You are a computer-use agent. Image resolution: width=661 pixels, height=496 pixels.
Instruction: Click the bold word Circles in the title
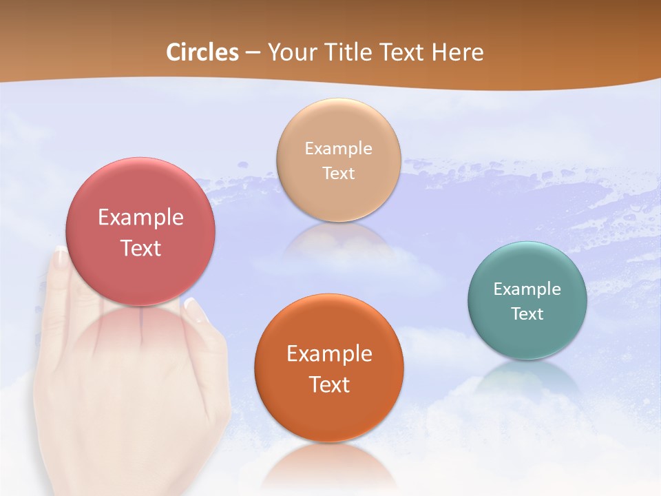click(202, 52)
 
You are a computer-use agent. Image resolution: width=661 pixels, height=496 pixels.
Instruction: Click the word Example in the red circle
click(140, 218)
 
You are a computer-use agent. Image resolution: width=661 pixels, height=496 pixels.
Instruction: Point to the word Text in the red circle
click(140, 248)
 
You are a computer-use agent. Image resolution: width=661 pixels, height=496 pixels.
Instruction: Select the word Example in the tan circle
click(339, 149)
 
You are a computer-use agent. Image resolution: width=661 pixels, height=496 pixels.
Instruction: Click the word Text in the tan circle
click(339, 173)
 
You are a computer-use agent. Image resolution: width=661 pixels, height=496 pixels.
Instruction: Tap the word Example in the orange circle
click(329, 354)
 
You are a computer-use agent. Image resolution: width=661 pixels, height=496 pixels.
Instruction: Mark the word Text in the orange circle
click(329, 384)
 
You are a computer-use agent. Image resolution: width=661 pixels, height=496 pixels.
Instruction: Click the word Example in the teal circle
click(527, 289)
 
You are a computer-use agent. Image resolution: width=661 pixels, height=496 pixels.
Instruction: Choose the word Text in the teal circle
click(527, 314)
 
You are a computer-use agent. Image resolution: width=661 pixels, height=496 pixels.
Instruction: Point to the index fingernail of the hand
click(61, 257)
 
